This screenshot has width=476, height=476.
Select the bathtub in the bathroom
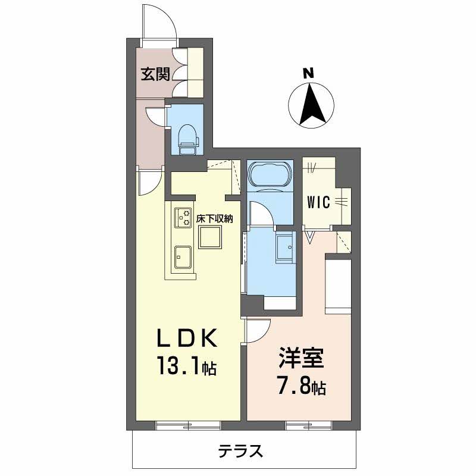click(x=269, y=175)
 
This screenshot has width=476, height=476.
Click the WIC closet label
click(x=318, y=202)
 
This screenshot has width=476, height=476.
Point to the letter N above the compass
click(x=308, y=74)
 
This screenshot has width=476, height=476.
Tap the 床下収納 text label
click(x=214, y=219)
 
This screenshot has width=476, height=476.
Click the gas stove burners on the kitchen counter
click(x=182, y=217)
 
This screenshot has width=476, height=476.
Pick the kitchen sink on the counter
click(x=182, y=257)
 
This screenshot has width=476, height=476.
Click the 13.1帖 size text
click(x=186, y=365)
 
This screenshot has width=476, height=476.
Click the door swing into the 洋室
click(x=258, y=330)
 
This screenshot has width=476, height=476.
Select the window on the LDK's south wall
click(x=188, y=425)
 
